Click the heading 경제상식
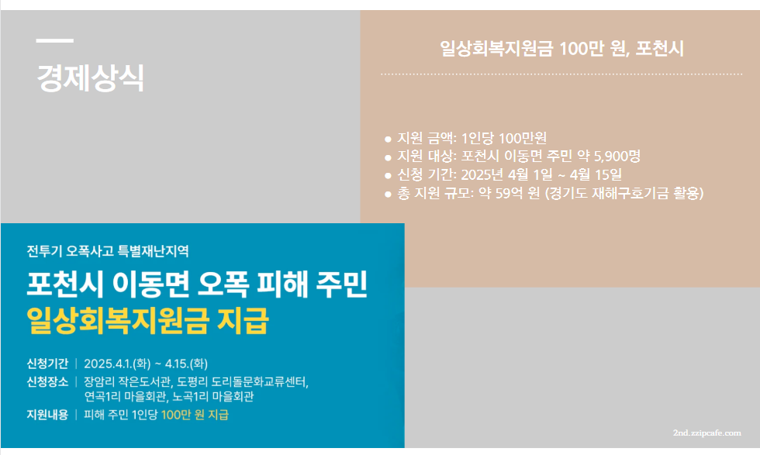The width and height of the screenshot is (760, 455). coord(90,78)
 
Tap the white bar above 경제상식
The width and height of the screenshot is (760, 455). coord(55,40)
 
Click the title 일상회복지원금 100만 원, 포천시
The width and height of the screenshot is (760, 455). coord(561,49)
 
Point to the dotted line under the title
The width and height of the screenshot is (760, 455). coord(561,74)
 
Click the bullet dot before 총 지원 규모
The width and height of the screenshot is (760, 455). coord(388,194)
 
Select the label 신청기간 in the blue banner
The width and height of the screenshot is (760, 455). coord(47,364)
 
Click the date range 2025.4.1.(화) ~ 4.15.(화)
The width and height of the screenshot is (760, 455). coord(146,364)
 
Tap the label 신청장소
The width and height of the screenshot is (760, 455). coord(47,381)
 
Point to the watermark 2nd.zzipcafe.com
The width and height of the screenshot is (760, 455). coord(706,433)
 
